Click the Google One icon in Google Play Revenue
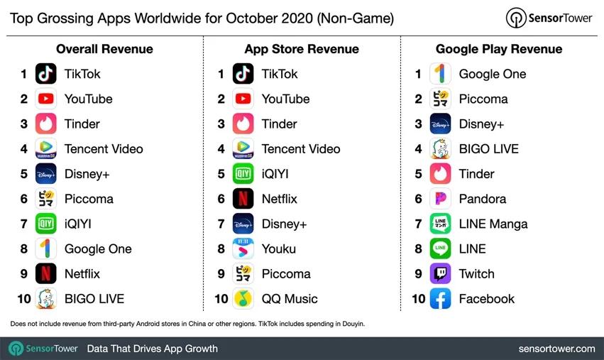pyautogui.click(x=440, y=74)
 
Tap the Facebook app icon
pyautogui.click(x=440, y=299)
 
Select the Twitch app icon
pyautogui.click(x=440, y=274)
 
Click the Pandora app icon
pyautogui.click(x=440, y=199)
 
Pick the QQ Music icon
pyautogui.click(x=243, y=299)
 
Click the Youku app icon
pyautogui.click(x=243, y=249)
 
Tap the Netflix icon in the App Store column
pyautogui.click(x=243, y=199)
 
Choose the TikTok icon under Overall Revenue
pyautogui.click(x=46, y=74)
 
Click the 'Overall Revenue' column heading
pyautogui.click(x=104, y=49)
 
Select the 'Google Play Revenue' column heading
pyautogui.click(x=498, y=49)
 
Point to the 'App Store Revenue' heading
pyautogui.click(x=302, y=49)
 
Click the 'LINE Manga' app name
pyautogui.click(x=493, y=224)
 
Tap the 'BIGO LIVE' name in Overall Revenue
pyautogui.click(x=94, y=299)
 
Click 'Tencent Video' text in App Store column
pyautogui.click(x=300, y=149)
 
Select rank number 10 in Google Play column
pyautogui.click(x=418, y=299)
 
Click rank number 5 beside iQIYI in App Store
pyautogui.click(x=221, y=174)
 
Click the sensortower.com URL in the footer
pyautogui.click(x=556, y=349)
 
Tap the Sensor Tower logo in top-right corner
pyautogui.click(x=549, y=18)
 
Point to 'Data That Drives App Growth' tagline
pyautogui.click(x=152, y=349)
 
